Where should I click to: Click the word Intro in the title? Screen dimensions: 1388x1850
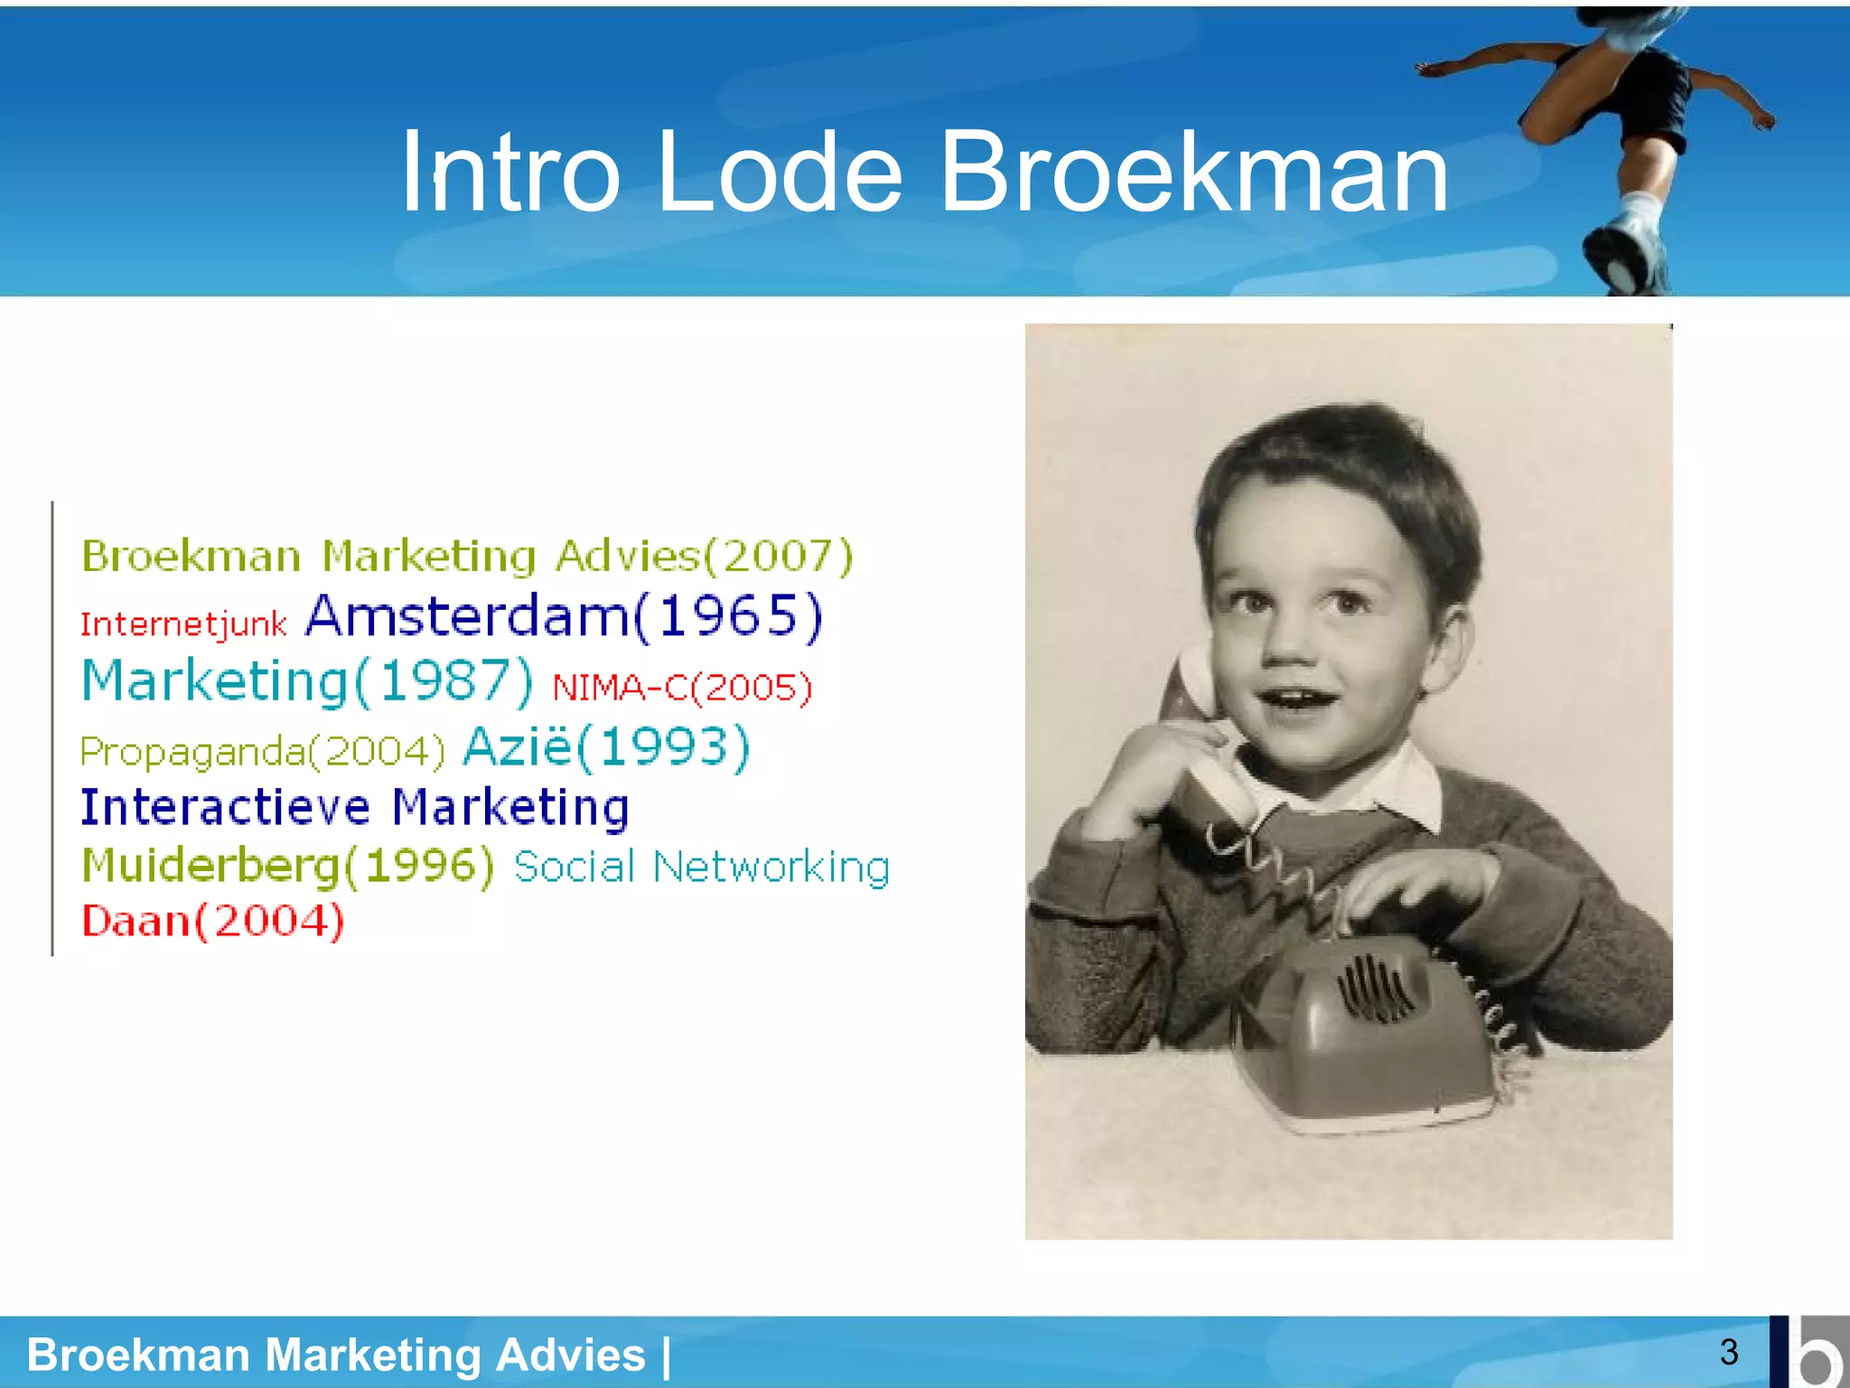point(509,172)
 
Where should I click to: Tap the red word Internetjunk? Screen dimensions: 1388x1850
point(183,624)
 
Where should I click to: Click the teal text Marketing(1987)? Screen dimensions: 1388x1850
point(307,681)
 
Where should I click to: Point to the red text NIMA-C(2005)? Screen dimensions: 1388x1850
point(682,688)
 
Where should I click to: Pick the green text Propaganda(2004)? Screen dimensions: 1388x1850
point(262,751)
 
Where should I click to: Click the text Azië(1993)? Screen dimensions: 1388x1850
point(606,747)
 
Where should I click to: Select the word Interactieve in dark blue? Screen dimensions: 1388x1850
point(225,807)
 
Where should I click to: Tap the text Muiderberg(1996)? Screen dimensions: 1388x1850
point(287,866)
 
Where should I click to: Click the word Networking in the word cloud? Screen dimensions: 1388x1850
point(771,867)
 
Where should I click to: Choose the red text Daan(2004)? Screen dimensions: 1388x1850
point(213,921)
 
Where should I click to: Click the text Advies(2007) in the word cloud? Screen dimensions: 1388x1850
point(704,556)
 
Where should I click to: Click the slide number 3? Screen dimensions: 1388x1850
point(1729,1352)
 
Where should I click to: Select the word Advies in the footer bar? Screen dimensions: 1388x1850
point(570,1355)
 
